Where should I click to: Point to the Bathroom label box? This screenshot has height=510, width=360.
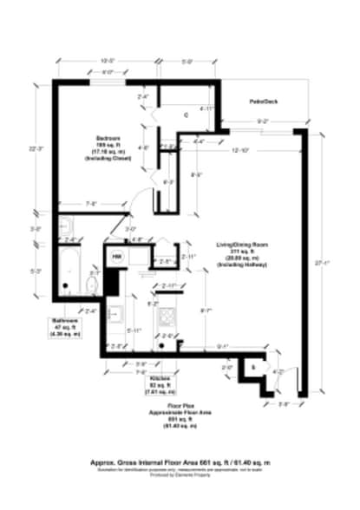pyautogui.click(x=64, y=326)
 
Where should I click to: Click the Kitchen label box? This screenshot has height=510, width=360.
pyautogui.click(x=159, y=385)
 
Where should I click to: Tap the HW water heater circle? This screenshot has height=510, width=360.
pyautogui.click(x=117, y=257)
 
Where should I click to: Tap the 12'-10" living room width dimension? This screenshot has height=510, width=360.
pyautogui.click(x=241, y=151)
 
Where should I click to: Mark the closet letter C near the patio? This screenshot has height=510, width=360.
pyautogui.click(x=187, y=114)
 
